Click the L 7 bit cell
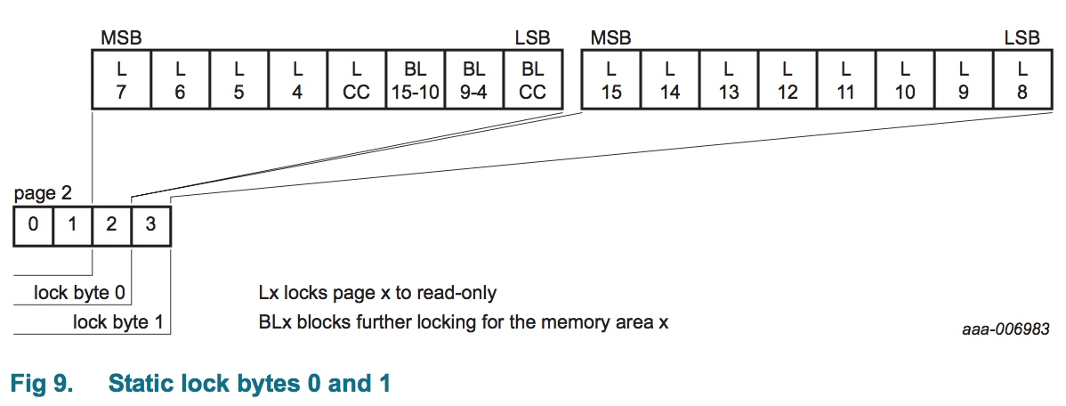point(121,79)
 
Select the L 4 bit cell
point(297,79)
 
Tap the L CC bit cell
point(356,79)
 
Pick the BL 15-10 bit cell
point(415,79)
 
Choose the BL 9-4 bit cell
point(473,79)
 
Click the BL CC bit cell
point(532,79)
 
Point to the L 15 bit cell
point(611,79)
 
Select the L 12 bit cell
point(787,79)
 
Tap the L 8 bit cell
point(1022,79)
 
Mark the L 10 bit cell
point(905,79)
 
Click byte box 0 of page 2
point(33,225)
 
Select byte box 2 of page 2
point(111,225)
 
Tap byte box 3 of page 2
point(150,225)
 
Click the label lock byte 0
point(79,294)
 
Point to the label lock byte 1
point(118,322)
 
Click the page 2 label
point(43,194)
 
